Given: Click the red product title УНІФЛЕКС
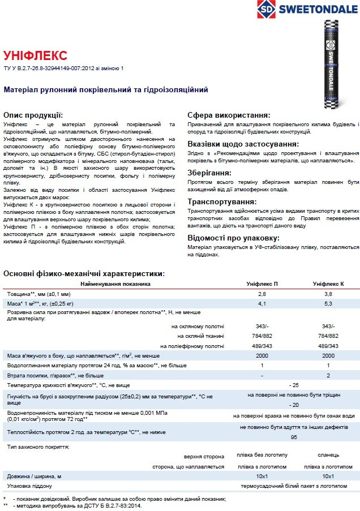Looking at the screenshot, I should [x=36, y=55].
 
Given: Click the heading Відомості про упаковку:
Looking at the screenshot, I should [x=233, y=237].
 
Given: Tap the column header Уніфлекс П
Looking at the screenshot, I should [x=262, y=284].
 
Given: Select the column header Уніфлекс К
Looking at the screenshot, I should [x=328, y=284].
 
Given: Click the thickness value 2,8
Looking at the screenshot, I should [x=262, y=294].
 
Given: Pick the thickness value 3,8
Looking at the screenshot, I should [x=328, y=294].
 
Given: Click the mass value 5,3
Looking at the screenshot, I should [x=328, y=304].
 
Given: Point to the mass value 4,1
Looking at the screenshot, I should [x=262, y=304].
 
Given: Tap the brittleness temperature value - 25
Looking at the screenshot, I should [x=294, y=385].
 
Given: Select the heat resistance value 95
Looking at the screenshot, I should [x=294, y=437].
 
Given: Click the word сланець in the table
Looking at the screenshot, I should [x=328, y=456].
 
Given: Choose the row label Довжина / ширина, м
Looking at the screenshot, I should [x=34, y=476].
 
